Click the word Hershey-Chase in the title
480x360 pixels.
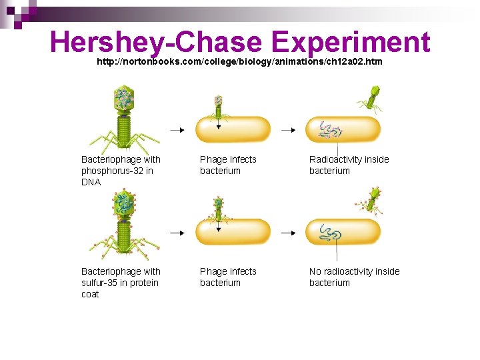[x=155, y=43]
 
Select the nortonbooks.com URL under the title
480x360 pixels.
[x=239, y=61]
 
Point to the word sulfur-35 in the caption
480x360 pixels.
[x=101, y=283]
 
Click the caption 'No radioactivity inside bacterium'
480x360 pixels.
[x=354, y=277]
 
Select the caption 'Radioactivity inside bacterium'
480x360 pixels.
[x=349, y=165]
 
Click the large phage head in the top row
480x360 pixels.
[x=123, y=99]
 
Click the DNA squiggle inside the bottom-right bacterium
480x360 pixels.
[x=330, y=233]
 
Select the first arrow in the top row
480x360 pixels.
[x=177, y=130]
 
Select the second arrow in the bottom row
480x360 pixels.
[x=287, y=233]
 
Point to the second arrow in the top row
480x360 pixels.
[x=287, y=130]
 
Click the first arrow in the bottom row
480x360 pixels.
[x=177, y=233]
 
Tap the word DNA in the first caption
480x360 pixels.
[x=91, y=182]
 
